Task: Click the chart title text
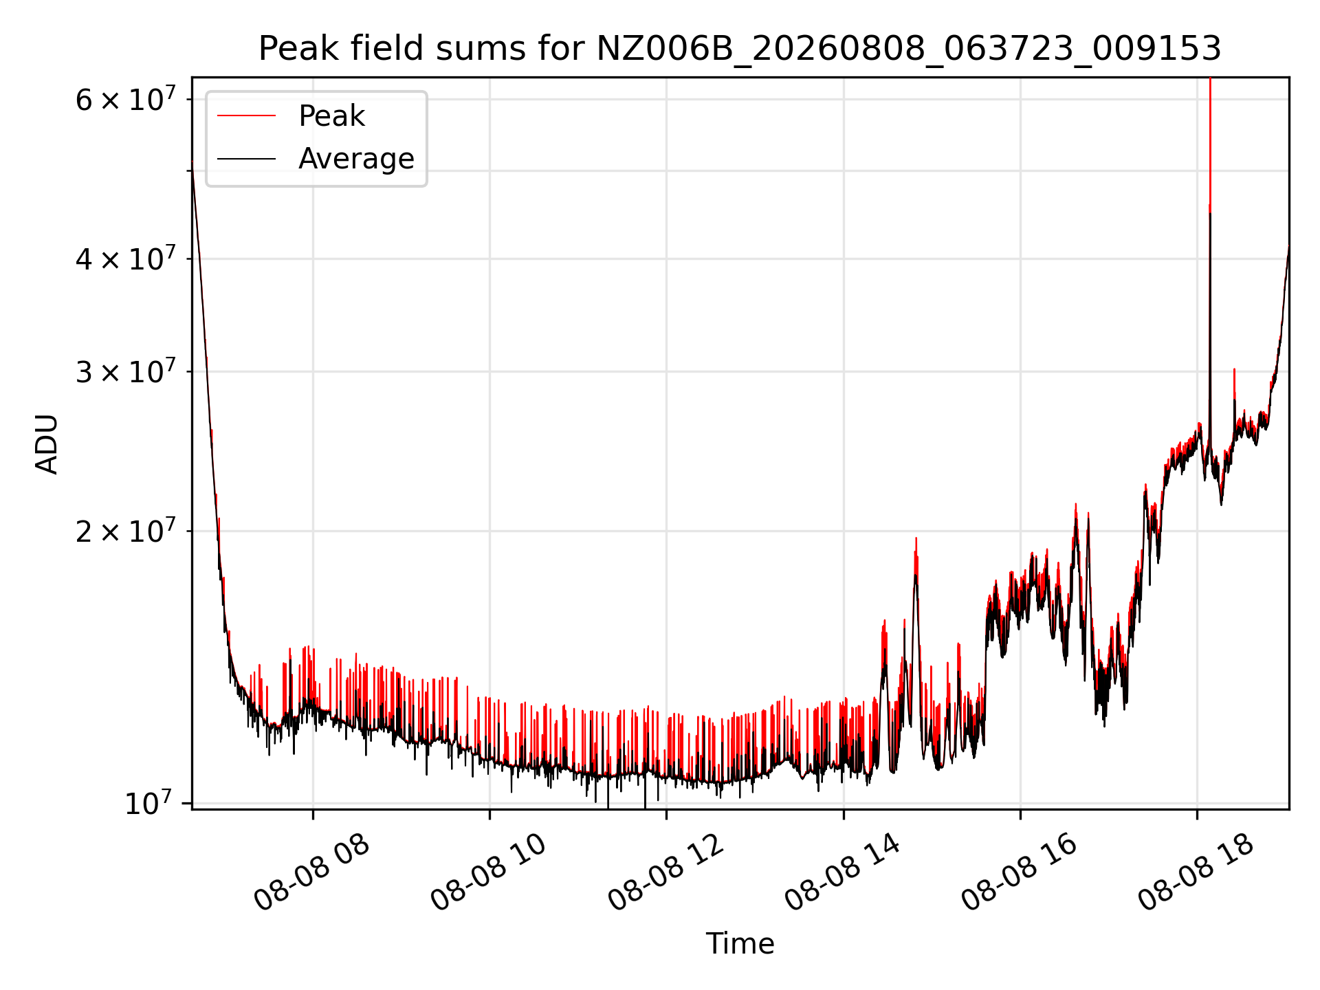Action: (x=740, y=49)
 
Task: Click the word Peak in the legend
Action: (x=331, y=116)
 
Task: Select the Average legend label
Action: (x=356, y=159)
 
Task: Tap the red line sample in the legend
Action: (x=247, y=116)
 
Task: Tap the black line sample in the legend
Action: (x=247, y=159)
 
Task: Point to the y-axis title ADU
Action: (x=47, y=443)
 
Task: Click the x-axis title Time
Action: (x=740, y=944)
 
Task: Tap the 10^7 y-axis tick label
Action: (x=148, y=803)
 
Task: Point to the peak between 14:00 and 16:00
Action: (x=916, y=538)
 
